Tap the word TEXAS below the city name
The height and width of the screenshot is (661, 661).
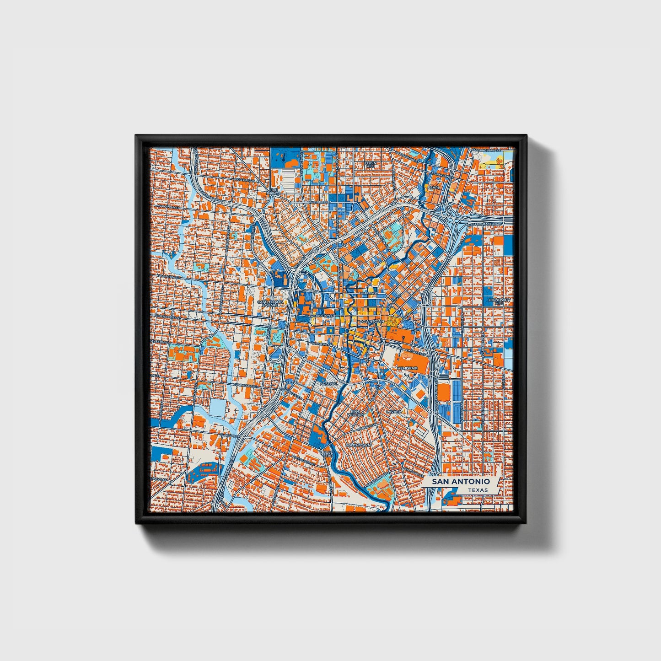pos(478,490)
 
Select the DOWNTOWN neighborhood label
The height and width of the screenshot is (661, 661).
pos(372,322)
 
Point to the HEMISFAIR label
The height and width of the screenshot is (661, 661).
pos(408,368)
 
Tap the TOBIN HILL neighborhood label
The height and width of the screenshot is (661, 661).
pos(370,164)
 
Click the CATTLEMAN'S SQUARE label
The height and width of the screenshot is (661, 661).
pos(271,303)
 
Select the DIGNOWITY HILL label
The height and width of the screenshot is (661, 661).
pos(499,301)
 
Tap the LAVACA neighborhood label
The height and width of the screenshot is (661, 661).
pos(394,412)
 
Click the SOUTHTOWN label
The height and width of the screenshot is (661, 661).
pos(358,445)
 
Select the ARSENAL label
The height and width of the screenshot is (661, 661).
pos(328,383)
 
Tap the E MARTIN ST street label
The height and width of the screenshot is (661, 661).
pos(369,292)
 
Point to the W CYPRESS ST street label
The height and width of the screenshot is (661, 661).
pos(319,202)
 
